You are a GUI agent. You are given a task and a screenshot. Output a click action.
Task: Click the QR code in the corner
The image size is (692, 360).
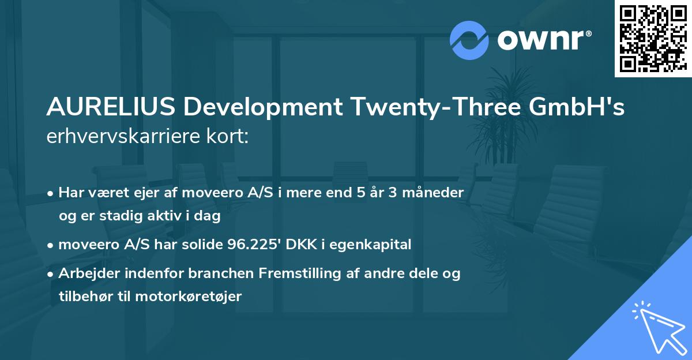(x=653, y=39)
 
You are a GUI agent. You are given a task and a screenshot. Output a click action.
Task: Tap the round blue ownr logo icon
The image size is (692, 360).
(x=468, y=40)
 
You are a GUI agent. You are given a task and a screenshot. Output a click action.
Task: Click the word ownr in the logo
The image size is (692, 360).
(x=542, y=40)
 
